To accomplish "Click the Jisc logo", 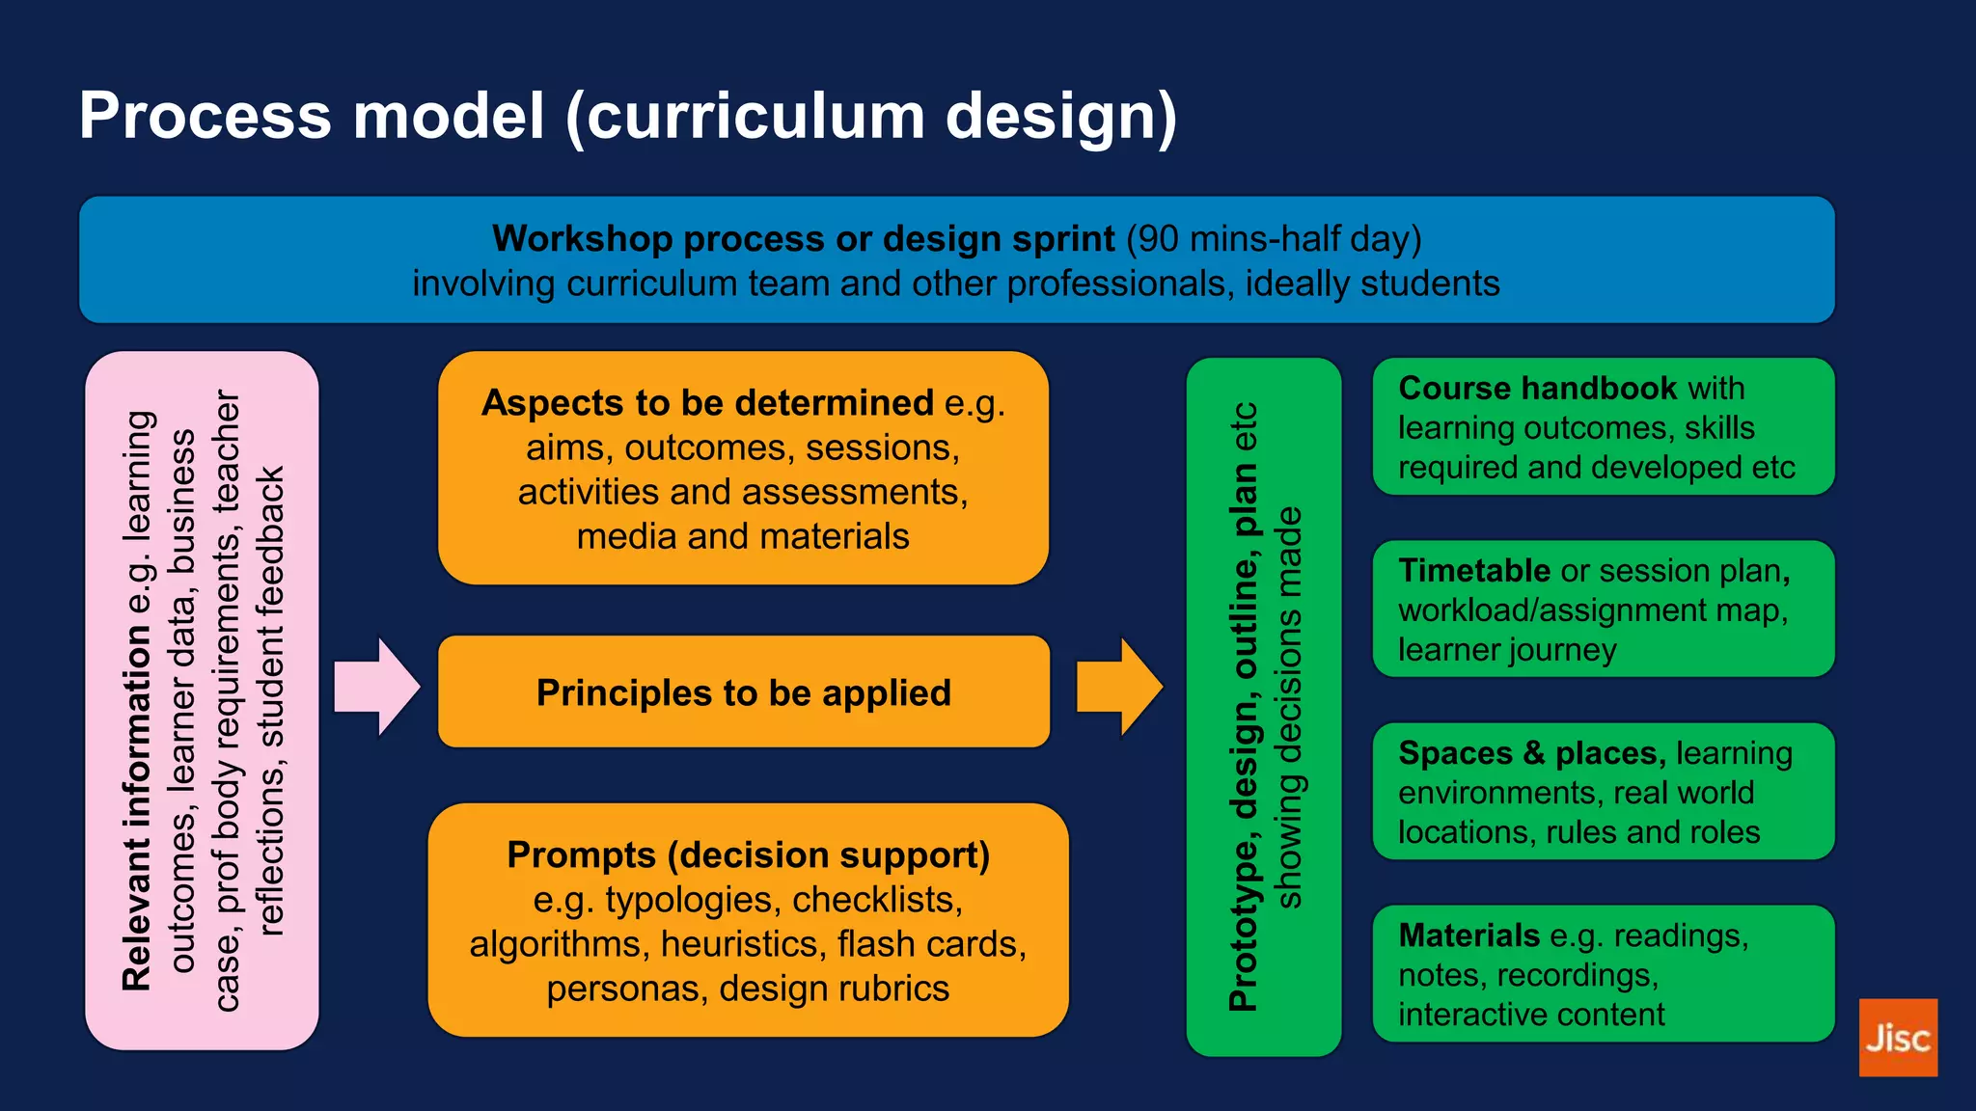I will (1897, 1037).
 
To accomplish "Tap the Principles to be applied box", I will (743, 692).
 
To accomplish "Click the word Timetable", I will (1473, 571).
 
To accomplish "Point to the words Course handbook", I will (1537, 388).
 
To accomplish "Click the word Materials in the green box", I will (1468, 935).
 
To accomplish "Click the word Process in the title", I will (205, 116).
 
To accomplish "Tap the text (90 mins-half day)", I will (1274, 238).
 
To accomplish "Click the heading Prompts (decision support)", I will (748, 855).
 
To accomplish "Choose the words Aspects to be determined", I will (707, 403).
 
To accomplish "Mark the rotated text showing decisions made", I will (1289, 707).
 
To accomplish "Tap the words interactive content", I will (1531, 1015).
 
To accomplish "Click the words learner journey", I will (1506, 650).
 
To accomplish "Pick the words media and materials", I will (743, 536).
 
